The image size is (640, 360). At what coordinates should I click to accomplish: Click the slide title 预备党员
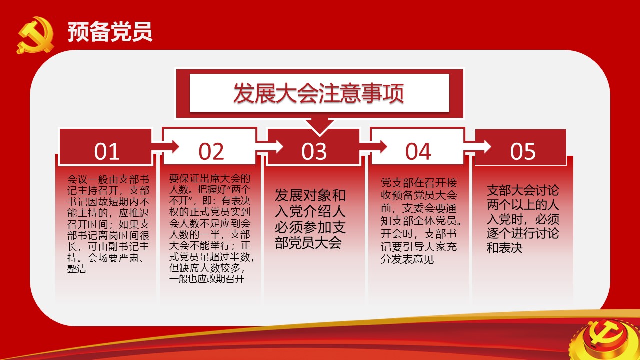click(110, 31)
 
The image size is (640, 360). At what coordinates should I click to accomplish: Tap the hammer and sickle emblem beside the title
click(35, 35)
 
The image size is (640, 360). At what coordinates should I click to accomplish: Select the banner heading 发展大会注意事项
click(318, 93)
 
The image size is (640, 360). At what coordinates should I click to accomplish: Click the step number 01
click(107, 151)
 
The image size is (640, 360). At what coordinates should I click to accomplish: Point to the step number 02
click(211, 151)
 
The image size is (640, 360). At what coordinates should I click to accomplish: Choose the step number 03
click(314, 151)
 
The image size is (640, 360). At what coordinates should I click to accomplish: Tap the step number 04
click(418, 151)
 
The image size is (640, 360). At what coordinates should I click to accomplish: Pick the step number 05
click(523, 151)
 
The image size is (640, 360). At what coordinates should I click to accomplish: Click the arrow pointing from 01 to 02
click(165, 147)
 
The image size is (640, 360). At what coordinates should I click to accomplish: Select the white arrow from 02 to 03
click(269, 147)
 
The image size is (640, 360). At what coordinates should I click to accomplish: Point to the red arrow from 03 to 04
click(373, 147)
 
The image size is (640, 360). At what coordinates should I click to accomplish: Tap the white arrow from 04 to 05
click(477, 147)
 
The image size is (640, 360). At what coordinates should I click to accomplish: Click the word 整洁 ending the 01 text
click(77, 269)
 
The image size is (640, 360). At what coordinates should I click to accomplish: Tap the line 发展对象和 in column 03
click(310, 195)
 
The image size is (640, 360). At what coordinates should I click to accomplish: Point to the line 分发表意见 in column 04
click(407, 259)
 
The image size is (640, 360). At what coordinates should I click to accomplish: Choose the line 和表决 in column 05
click(505, 248)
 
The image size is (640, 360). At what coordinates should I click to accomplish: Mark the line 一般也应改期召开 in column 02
click(207, 279)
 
